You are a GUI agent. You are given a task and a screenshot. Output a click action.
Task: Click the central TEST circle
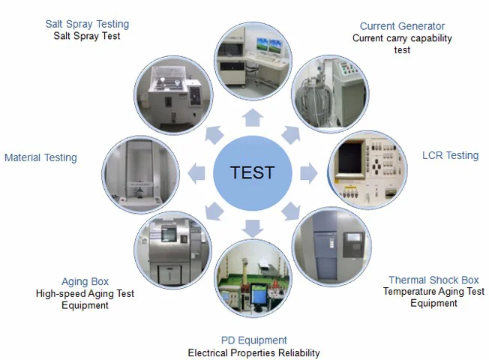point(252,172)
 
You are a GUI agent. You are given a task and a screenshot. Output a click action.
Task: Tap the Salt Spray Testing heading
point(87,24)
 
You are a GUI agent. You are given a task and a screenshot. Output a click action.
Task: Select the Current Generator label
point(402,26)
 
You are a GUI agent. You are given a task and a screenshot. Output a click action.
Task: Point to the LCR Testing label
point(451,155)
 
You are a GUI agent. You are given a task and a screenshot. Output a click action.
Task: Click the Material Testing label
point(40,157)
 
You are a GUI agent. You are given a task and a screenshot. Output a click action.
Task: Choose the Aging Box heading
point(85,282)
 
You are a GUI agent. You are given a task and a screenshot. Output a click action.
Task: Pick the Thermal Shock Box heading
point(433,280)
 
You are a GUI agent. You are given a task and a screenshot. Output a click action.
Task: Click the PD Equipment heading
point(253,340)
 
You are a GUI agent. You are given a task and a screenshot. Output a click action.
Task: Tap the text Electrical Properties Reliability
point(253,352)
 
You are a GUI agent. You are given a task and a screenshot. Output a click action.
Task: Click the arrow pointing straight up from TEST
point(253,117)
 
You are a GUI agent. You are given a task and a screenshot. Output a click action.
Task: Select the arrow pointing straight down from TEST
point(253,227)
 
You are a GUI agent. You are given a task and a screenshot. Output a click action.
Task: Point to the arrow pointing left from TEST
point(196,172)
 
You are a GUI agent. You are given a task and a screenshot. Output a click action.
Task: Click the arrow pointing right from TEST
point(308,172)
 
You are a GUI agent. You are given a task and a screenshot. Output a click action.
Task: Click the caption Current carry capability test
point(402,44)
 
